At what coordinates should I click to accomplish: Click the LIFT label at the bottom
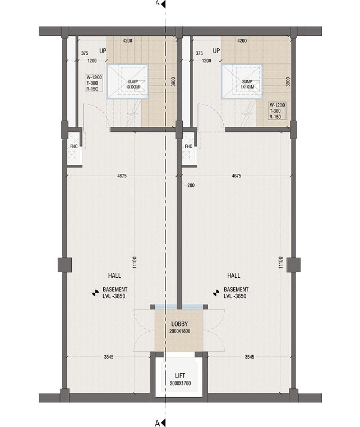point(180,375)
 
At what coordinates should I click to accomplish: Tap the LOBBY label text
point(179,324)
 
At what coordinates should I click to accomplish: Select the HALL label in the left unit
point(114,276)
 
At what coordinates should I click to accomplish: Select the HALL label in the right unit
point(234,276)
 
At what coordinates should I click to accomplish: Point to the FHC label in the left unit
point(73,147)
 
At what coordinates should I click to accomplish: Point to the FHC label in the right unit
point(188,147)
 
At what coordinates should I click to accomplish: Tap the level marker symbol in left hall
point(95,292)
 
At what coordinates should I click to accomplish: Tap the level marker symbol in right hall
point(216,292)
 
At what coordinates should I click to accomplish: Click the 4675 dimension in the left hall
point(122,176)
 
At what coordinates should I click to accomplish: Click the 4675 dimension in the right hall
point(236,176)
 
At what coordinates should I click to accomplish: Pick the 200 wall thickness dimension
point(191,186)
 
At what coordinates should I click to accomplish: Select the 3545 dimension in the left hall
point(110,357)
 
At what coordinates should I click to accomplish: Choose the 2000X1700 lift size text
point(180,383)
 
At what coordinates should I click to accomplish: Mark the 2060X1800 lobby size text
point(179,332)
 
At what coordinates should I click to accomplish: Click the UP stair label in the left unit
point(103,50)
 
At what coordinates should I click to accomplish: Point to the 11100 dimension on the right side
point(280,264)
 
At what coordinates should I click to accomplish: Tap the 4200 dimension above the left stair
point(127,40)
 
